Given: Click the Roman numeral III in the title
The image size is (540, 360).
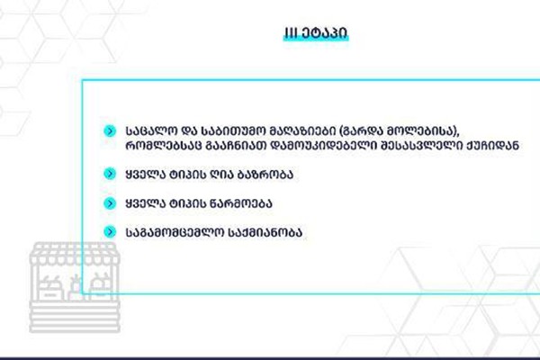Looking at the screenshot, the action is click(x=291, y=33).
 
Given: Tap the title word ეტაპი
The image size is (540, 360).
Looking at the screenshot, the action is click(x=324, y=33).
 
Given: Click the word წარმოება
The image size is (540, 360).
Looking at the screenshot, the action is click(x=240, y=203).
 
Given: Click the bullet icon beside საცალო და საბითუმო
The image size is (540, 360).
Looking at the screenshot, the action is click(x=110, y=131).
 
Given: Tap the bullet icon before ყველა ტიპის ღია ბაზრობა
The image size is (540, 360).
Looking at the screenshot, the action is click(x=110, y=174).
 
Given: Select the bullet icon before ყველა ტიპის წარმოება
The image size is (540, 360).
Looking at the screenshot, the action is click(x=110, y=203).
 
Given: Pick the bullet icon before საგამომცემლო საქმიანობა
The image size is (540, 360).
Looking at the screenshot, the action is click(x=110, y=232).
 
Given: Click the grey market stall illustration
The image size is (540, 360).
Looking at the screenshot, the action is click(x=75, y=287).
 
